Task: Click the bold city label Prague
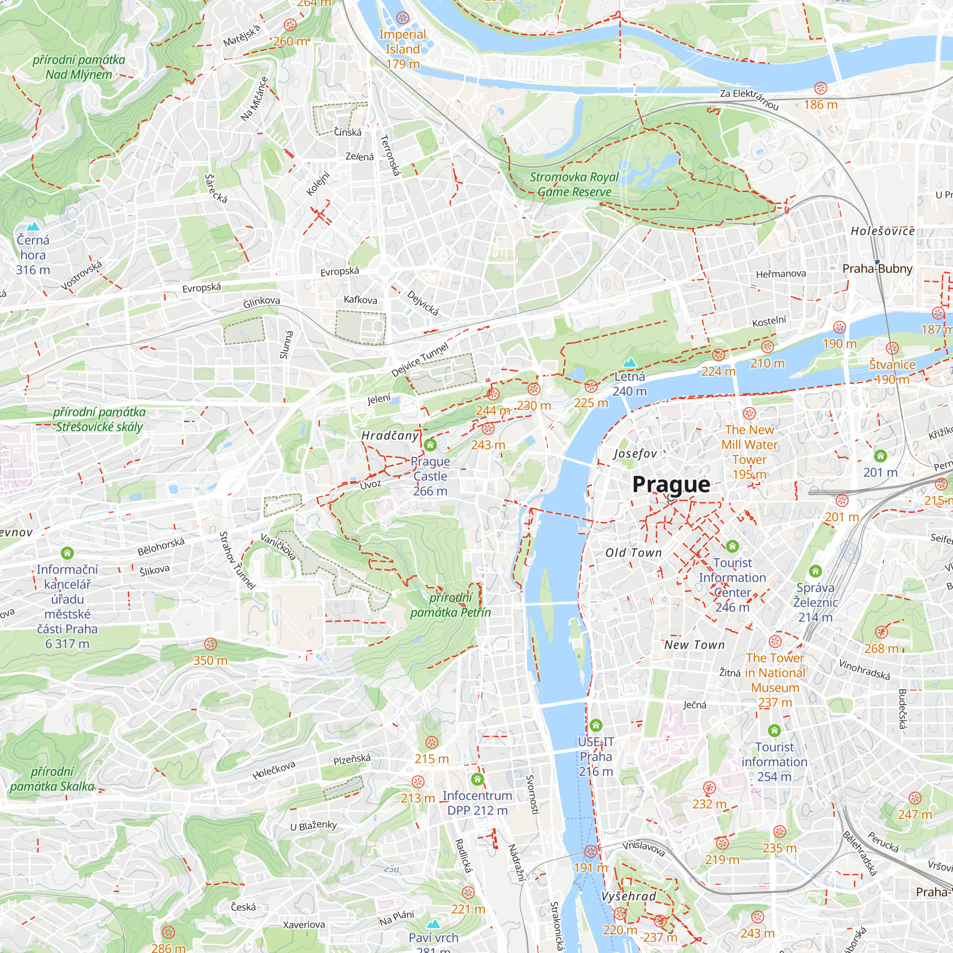[x=671, y=485]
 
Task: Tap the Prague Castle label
[x=430, y=476]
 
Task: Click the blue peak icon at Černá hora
[x=33, y=226]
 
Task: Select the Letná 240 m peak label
[x=629, y=383]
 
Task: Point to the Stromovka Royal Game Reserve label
[x=574, y=184]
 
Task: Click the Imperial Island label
[x=403, y=42]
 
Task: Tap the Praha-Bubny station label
[x=877, y=268]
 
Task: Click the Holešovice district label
[x=882, y=231]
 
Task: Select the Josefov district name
[x=635, y=453]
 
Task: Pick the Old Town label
[x=633, y=552]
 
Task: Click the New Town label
[x=695, y=645]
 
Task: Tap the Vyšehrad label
[x=629, y=896]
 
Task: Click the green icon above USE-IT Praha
[x=596, y=725]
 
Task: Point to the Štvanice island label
[x=892, y=365]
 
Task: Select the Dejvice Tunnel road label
[x=420, y=360]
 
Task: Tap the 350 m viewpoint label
[x=210, y=660]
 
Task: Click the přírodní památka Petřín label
[x=450, y=605]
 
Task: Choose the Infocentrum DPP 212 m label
[x=477, y=802]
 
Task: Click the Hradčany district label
[x=390, y=435]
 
